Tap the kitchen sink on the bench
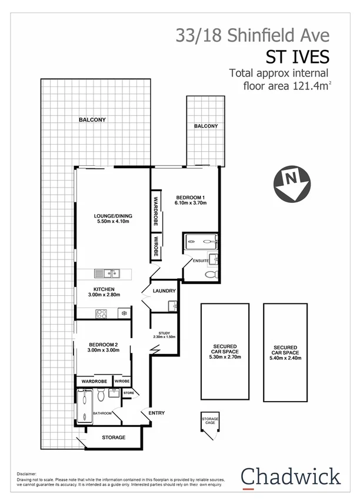pos(110,273)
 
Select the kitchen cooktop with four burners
pos(101,313)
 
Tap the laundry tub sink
pos(172,305)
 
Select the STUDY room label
pos(164,332)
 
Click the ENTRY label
pos(156,413)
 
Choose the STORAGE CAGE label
pos(210,420)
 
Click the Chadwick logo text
pos(291,476)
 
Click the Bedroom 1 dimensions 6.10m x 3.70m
pos(191,203)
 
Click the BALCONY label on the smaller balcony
pos(205,126)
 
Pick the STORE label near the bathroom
pos(128,392)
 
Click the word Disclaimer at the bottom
pos(27,472)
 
